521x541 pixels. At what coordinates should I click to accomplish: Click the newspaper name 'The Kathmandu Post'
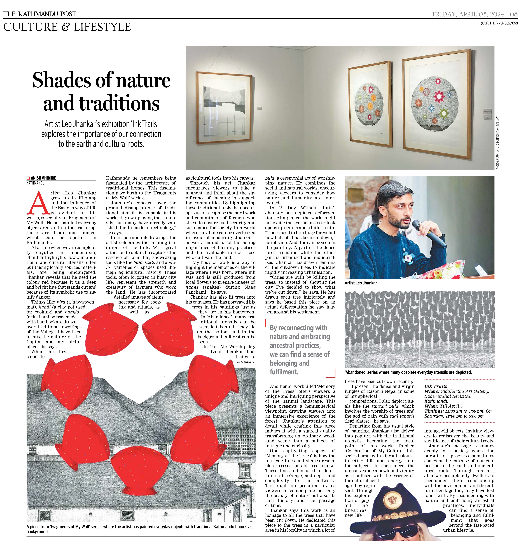[39, 14]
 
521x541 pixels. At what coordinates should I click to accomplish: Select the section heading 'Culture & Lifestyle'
[67, 27]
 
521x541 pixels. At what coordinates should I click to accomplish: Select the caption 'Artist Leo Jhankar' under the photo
[361, 283]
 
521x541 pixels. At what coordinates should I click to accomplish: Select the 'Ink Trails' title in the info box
[436, 386]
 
